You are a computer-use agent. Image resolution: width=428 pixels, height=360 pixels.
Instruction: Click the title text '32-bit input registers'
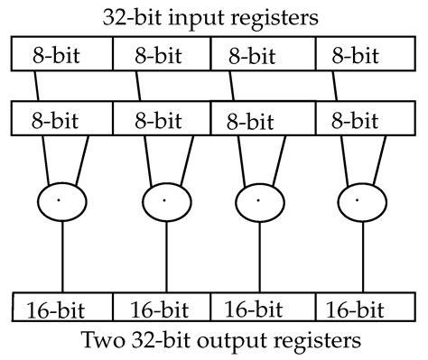pyautogui.click(x=214, y=15)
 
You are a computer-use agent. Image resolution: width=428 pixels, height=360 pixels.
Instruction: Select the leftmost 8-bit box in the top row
pyautogui.click(x=61, y=56)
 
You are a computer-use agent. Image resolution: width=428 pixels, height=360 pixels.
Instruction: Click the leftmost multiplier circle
pyautogui.click(x=61, y=198)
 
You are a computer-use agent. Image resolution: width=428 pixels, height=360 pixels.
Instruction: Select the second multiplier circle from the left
pyautogui.click(x=163, y=198)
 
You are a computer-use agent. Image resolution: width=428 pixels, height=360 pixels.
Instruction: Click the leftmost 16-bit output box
pyautogui.click(x=61, y=307)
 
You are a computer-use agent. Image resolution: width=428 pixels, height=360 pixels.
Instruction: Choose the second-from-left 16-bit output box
pyautogui.click(x=162, y=307)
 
